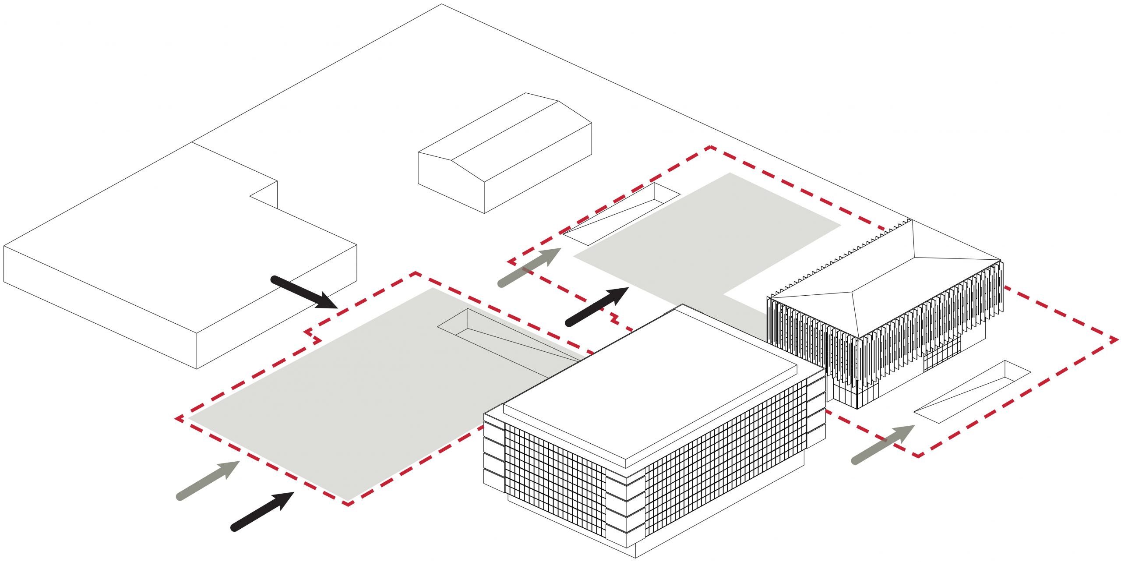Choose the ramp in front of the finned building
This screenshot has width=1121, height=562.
[x=972, y=392]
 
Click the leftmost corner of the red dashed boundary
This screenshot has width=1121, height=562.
[x=177, y=419]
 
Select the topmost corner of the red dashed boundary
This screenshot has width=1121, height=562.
[x=710, y=147]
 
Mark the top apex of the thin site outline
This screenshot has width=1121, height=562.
[x=441, y=5]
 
